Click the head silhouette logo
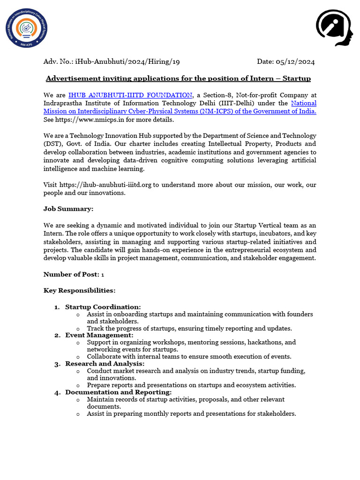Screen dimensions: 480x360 (x=334, y=28)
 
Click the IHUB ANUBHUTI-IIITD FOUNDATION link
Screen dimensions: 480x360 (x=130, y=95)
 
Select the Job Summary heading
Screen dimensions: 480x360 (x=68, y=209)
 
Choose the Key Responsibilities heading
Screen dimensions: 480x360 (x=79, y=291)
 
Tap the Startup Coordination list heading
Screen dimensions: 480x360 (x=103, y=307)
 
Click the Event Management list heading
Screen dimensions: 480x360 (x=99, y=335)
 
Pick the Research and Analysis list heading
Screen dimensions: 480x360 (x=105, y=364)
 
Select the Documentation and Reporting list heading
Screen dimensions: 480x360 (x=118, y=392)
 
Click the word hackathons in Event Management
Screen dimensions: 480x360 (x=265, y=342)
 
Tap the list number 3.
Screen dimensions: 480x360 (x=57, y=364)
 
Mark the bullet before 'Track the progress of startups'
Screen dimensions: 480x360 (x=78, y=329)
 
